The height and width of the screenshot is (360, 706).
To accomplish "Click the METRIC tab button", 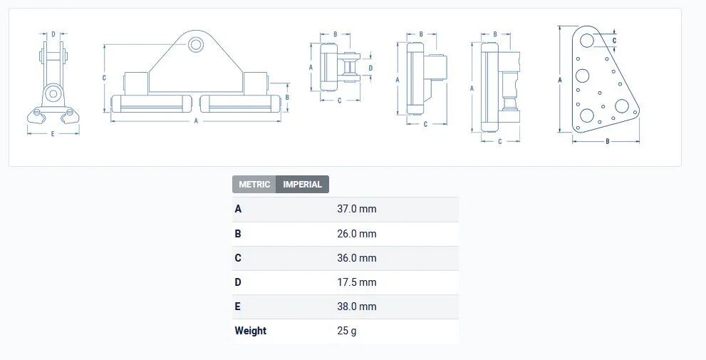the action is click(x=254, y=185).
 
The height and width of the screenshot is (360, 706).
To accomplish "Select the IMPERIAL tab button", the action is click(x=303, y=185).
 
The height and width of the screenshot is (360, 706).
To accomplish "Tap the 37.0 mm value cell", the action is click(x=357, y=209).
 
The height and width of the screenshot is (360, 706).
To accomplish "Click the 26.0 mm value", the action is click(x=357, y=234).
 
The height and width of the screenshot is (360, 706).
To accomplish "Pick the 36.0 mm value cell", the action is click(x=357, y=258).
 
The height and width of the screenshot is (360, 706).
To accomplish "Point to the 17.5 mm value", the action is click(x=357, y=282).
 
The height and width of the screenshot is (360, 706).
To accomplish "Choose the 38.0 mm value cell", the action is click(x=357, y=307).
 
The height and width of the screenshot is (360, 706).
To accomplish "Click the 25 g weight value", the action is click(x=347, y=331).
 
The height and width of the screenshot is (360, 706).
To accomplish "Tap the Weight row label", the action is click(x=250, y=331).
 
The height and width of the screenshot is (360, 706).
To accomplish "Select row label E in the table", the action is click(x=238, y=307).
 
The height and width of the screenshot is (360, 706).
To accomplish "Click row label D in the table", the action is click(x=238, y=282).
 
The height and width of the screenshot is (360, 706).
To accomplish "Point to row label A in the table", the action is click(x=238, y=209).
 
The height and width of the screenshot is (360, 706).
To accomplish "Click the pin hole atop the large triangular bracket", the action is click(x=196, y=45).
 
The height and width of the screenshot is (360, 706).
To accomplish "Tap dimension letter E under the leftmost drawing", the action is click(x=53, y=134).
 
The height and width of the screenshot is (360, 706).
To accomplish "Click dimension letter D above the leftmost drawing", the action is click(x=53, y=34).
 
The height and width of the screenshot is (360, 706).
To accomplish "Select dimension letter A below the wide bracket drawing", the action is click(x=196, y=120).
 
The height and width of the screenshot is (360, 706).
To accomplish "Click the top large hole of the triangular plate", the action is click(x=587, y=40).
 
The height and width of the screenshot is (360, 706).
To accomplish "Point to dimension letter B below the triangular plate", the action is click(x=608, y=141).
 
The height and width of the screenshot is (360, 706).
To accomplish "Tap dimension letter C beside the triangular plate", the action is click(x=614, y=41).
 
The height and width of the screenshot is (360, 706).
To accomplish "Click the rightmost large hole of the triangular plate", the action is click(x=622, y=106).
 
